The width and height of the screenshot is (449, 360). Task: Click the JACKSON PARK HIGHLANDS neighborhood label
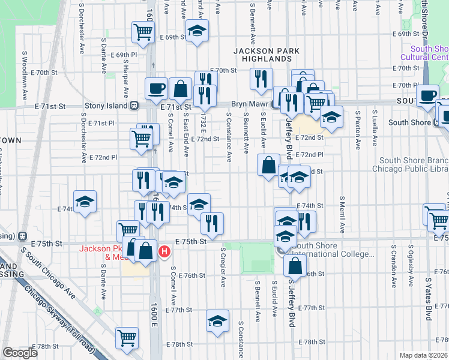(x=263, y=55)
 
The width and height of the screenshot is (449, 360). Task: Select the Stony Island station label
(x=106, y=106)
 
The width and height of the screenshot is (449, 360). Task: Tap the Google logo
(x=20, y=353)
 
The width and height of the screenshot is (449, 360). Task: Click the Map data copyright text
(x=423, y=355)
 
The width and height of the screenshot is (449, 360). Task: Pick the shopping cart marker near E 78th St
(x=127, y=338)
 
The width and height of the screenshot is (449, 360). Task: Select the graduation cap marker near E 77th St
(x=217, y=320)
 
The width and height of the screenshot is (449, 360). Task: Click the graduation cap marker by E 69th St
(x=196, y=31)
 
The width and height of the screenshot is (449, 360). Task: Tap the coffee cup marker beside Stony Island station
(x=156, y=89)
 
